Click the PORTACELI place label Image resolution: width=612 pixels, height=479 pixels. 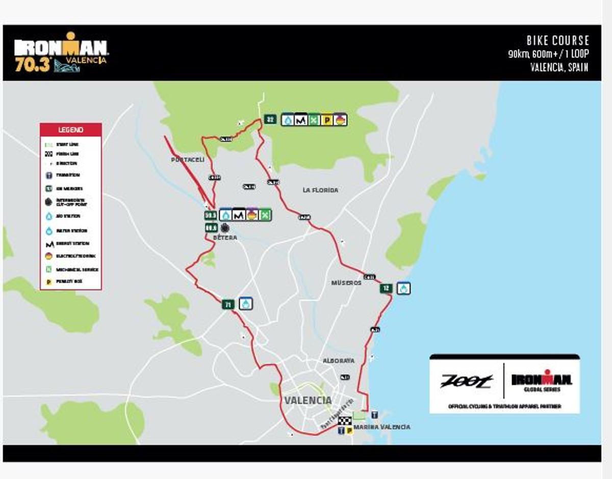pyautogui.click(x=187, y=159)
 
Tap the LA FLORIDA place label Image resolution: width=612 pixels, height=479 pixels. pyautogui.click(x=320, y=190)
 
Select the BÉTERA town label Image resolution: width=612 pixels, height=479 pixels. pyautogui.click(x=225, y=238)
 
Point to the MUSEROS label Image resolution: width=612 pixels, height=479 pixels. pyautogui.click(x=346, y=282)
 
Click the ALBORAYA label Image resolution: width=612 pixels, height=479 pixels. pyautogui.click(x=338, y=361)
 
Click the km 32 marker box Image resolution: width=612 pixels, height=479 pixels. pyautogui.click(x=270, y=120)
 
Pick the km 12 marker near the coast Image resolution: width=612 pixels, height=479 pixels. pyautogui.click(x=386, y=288)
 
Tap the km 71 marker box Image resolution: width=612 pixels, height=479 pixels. pyautogui.click(x=228, y=305)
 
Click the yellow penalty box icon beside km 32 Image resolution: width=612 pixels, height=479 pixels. pyautogui.click(x=327, y=120)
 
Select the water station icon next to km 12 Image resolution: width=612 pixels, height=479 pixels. pyautogui.click(x=404, y=288)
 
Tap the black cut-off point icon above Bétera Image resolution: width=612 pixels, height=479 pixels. pyautogui.click(x=225, y=228)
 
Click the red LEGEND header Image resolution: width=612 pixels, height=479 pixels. pyautogui.click(x=71, y=130)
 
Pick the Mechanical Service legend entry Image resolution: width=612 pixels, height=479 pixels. pyautogui.click(x=71, y=270)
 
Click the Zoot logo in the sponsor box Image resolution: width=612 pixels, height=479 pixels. pyautogui.click(x=467, y=380)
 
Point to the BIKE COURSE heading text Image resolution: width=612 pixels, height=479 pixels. pyautogui.click(x=557, y=41)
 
